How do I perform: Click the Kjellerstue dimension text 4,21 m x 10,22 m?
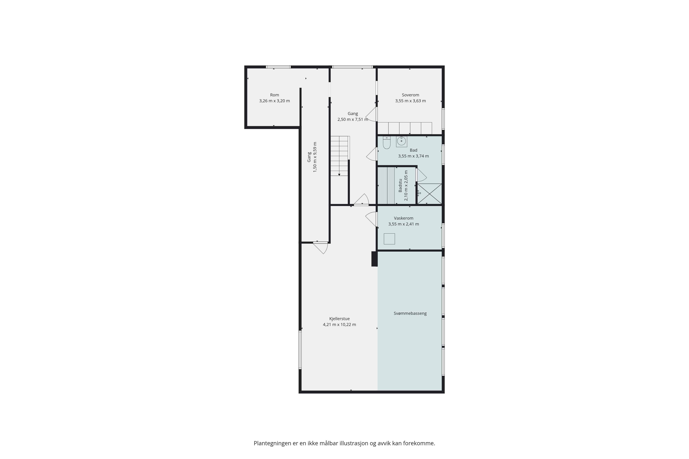click(339, 324)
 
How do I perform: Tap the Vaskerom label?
click(404, 218)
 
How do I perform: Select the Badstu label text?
click(400, 185)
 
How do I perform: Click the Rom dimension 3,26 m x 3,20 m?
click(275, 101)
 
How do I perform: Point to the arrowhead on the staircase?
click(339, 175)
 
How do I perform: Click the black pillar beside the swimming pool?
click(374, 259)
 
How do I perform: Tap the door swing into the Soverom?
click(371, 114)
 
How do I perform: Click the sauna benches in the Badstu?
click(386, 185)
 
